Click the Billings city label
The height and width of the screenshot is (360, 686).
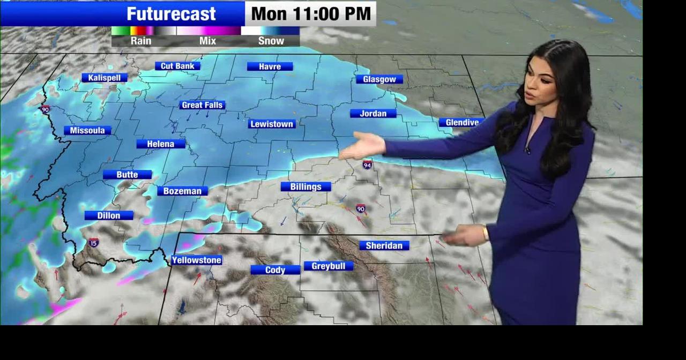pyautogui.click(x=305, y=186)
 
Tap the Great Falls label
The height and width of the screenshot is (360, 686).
pyautogui.click(x=202, y=105)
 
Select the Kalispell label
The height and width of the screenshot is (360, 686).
pyautogui.click(x=104, y=78)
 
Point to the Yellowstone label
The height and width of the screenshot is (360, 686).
pyautogui.click(x=197, y=260)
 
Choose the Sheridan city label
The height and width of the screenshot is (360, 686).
pyautogui.click(x=384, y=245)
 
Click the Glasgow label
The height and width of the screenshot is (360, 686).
pyautogui.click(x=379, y=79)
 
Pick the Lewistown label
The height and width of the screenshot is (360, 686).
pyautogui.click(x=272, y=124)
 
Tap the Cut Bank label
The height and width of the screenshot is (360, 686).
pyautogui.click(x=177, y=66)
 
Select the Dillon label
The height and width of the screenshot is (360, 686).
pyautogui.click(x=109, y=215)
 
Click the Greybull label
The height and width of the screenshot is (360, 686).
pyautogui.click(x=329, y=266)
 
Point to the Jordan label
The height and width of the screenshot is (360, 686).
pyautogui.click(x=372, y=113)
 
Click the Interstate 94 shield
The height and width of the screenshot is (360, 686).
pyautogui.click(x=367, y=164)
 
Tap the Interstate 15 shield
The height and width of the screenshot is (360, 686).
pyautogui.click(x=94, y=243)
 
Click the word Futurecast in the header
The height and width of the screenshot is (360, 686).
pyautogui.click(x=171, y=14)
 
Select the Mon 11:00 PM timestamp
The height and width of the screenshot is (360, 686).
pyautogui.click(x=311, y=14)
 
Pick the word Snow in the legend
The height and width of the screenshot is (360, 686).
pyautogui.click(x=271, y=41)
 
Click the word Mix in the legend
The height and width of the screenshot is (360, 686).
pyautogui.click(x=207, y=41)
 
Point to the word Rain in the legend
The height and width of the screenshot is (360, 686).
pyautogui.click(x=141, y=41)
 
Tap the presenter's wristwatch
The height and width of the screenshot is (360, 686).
pyautogui.click(x=486, y=234)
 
